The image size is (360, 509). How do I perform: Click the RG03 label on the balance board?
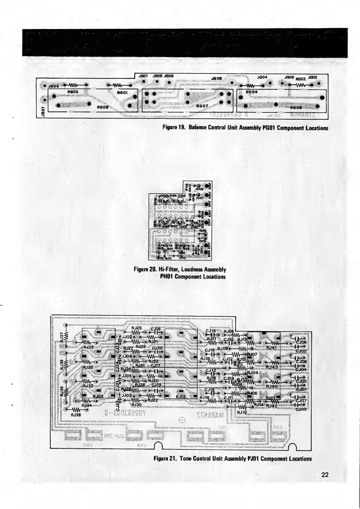73,91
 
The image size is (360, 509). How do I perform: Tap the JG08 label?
216,78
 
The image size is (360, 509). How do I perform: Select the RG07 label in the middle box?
202,106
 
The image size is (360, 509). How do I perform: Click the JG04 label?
262,77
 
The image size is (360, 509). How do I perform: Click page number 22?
325,475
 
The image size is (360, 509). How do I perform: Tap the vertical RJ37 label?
62,337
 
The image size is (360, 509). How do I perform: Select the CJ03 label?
301,410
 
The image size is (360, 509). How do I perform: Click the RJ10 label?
242,412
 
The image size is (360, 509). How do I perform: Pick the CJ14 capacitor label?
210,331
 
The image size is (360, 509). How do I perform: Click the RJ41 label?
271,348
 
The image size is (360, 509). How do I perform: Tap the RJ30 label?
137,404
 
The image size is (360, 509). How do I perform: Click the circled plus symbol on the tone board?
182,420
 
